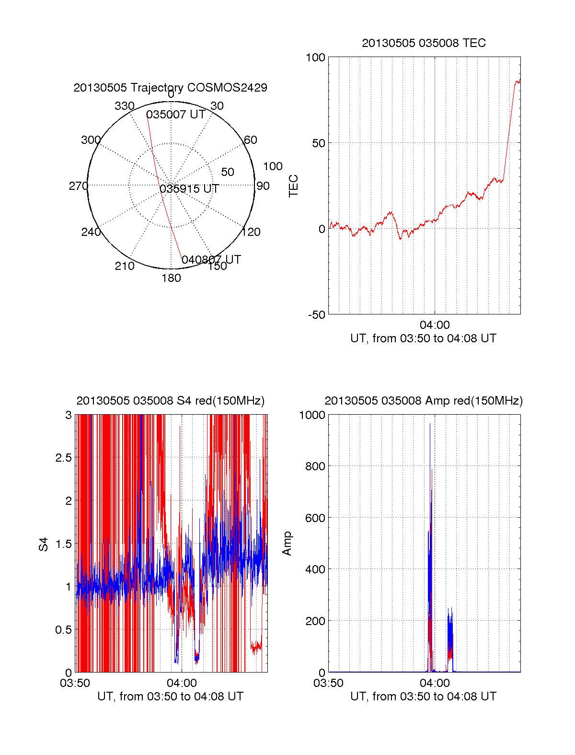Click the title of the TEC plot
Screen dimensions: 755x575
click(x=424, y=43)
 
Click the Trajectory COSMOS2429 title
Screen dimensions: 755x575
click(x=170, y=88)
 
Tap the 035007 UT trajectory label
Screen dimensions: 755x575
click(x=175, y=115)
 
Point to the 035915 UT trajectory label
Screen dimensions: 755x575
click(x=189, y=188)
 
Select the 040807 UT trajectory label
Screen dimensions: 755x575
click(x=211, y=259)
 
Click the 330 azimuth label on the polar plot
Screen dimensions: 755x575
click(x=124, y=106)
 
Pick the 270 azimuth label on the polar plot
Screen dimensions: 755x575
click(x=78, y=186)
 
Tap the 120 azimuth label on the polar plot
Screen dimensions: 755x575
click(x=251, y=232)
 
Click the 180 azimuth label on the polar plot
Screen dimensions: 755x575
click(x=171, y=278)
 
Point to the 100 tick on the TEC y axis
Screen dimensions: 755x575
click(x=315, y=58)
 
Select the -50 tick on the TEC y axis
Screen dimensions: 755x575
click(x=316, y=315)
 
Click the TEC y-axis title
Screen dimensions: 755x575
click(x=293, y=186)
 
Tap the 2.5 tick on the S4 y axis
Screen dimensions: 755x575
click(x=63, y=458)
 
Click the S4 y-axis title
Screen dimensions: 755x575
click(x=44, y=544)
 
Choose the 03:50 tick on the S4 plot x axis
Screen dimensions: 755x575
click(x=75, y=683)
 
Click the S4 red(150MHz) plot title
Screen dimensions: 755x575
click(x=170, y=401)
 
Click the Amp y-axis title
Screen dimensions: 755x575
click(x=287, y=544)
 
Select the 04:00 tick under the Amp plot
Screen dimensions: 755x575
click(x=435, y=683)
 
